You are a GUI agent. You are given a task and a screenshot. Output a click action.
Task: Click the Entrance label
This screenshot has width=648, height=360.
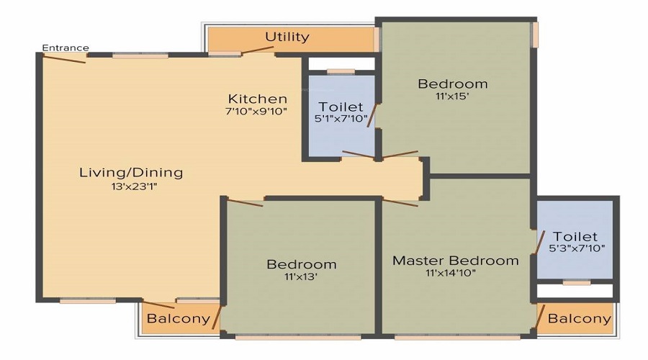point(66,48)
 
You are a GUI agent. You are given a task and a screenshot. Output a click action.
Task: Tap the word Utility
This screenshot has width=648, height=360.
point(287,37)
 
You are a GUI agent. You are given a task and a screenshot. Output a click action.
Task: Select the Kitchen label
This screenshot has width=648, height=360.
point(258,99)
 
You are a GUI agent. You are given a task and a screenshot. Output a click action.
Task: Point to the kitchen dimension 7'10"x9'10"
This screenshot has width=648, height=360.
point(256,111)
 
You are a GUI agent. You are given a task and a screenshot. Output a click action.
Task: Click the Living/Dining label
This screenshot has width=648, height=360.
point(131,172)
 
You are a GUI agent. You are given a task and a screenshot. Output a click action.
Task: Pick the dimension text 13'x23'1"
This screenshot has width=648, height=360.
point(134,186)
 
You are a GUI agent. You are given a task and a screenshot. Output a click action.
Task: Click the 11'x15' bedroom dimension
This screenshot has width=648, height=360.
point(453,96)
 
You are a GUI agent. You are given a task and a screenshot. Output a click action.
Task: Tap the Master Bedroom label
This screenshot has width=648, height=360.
point(456,261)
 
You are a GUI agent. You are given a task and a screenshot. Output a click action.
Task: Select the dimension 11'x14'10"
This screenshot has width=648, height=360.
point(451,273)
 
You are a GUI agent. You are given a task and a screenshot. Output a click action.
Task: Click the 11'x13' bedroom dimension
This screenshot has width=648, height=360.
point(300,276)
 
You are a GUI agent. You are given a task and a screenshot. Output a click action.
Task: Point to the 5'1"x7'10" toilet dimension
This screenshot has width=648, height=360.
point(341,119)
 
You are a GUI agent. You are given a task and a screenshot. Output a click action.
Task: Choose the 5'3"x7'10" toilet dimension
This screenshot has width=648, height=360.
point(577,248)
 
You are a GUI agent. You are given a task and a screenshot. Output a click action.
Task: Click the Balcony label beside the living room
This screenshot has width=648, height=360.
point(179,319)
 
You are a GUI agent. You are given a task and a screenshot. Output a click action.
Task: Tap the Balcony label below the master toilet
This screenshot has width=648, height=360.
point(579,318)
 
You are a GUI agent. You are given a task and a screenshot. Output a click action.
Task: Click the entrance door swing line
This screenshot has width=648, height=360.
point(64,59)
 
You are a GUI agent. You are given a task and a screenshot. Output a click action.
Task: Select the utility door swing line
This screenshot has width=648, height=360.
point(258,50)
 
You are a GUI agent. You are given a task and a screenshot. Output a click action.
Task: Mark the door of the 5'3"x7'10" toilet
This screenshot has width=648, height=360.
point(540,242)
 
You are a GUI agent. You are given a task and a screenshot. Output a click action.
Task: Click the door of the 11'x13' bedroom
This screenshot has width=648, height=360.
point(245,202)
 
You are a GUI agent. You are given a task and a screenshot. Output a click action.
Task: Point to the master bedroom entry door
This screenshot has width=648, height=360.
point(400,202)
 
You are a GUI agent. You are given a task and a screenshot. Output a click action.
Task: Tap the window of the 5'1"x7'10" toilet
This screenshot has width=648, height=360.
point(341,71)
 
